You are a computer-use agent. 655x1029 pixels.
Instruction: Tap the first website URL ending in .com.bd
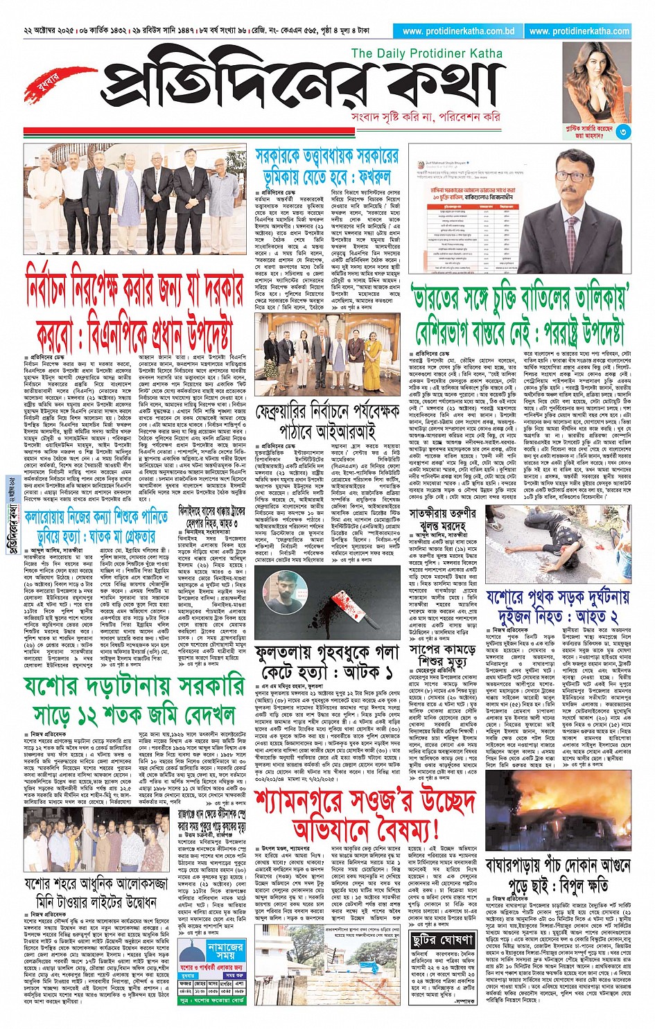pos(458,31)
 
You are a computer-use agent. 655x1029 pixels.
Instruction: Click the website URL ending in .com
pos(579,31)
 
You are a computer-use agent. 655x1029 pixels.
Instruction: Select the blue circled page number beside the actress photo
pos(622,131)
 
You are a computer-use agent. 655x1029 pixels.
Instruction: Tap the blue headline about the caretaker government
pos(326,166)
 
